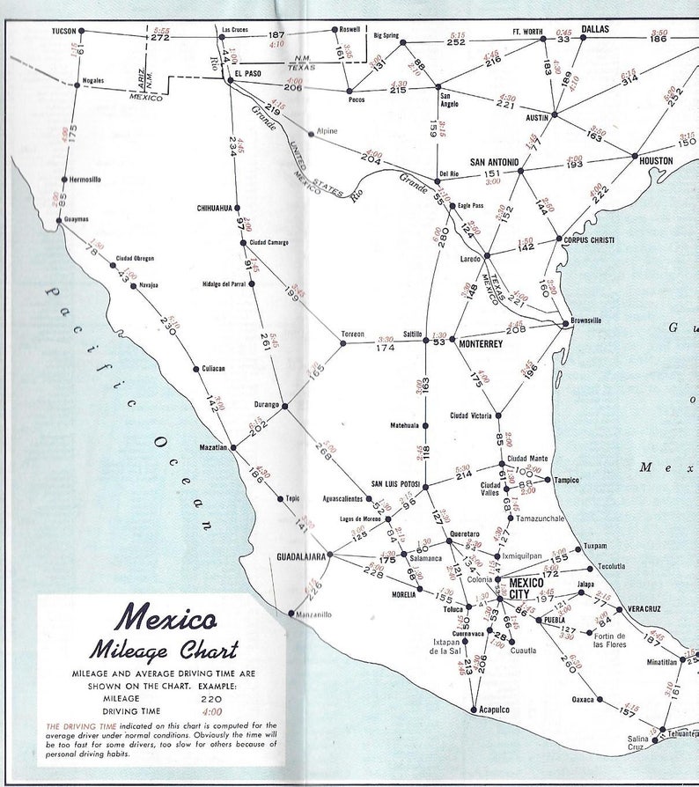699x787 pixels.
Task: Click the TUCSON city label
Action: pos(63,31)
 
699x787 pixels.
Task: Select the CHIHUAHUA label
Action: pos(215,209)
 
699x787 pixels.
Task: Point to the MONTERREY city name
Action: pos(481,344)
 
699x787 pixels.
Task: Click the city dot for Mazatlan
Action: pos(233,448)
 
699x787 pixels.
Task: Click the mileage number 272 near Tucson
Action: pos(159,38)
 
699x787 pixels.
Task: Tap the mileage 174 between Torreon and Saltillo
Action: pos(385,349)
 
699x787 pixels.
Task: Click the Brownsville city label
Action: pos(585,320)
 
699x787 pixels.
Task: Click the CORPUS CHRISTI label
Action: pos(589,239)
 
